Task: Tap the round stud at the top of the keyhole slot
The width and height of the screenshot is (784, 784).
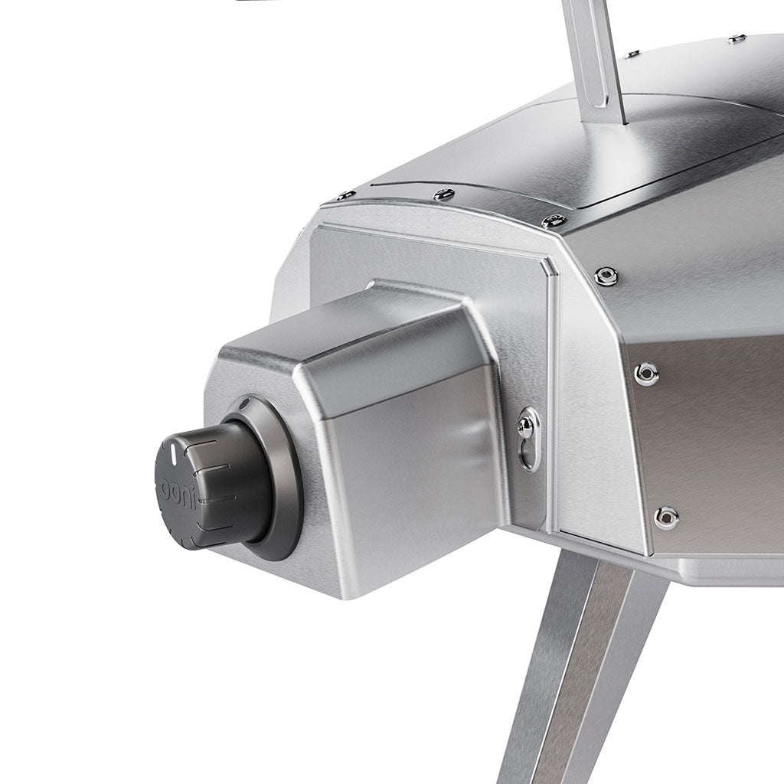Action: [527, 426]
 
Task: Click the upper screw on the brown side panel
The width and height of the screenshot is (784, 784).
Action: [646, 374]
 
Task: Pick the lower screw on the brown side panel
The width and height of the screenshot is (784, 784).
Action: [665, 517]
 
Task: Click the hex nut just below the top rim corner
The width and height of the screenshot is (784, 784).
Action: [606, 276]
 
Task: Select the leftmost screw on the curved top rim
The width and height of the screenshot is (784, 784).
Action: [345, 196]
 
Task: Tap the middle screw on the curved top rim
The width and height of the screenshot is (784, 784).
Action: [443, 194]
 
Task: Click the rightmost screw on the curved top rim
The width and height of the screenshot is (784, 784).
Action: [554, 221]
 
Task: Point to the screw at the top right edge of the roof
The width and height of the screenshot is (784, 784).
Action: [737, 38]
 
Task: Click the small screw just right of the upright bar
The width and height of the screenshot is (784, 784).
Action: [632, 54]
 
